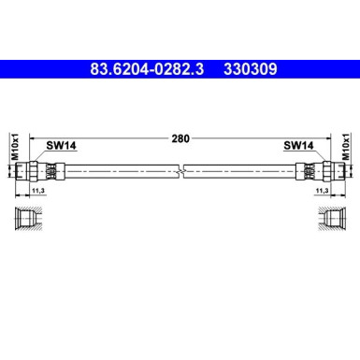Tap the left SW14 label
61,146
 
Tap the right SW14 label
298,146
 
